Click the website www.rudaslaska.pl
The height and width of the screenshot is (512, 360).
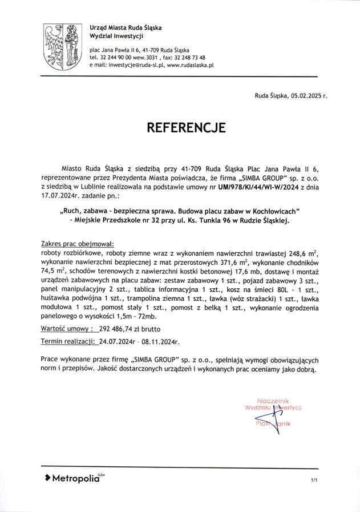pyautogui.click(x=191, y=66)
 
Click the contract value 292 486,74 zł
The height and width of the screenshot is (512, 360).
pyautogui.click(x=124, y=329)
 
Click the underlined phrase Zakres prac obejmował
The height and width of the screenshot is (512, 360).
pyautogui.click(x=78, y=243)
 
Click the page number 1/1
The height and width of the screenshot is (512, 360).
pyautogui.click(x=314, y=481)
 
